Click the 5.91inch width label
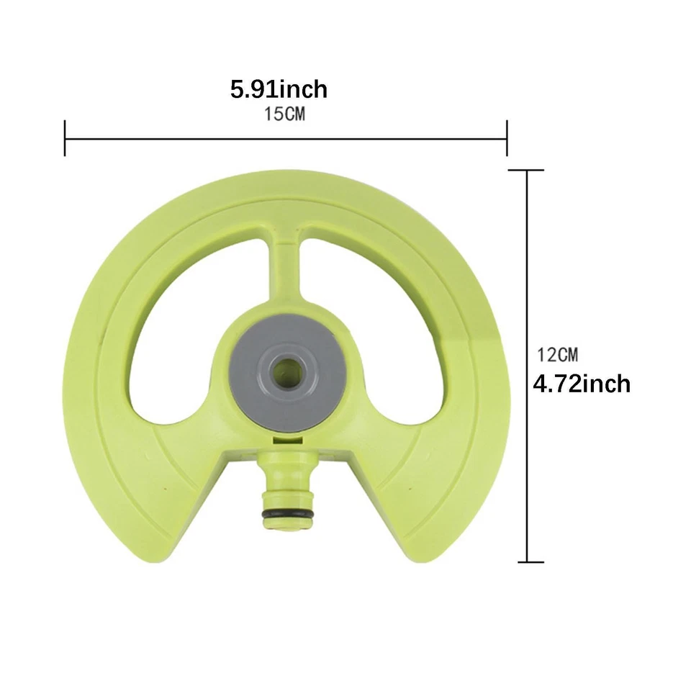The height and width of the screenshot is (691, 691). tap(279, 89)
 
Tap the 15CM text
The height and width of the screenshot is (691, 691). tap(284, 114)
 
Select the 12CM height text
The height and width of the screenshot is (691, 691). tap(557, 355)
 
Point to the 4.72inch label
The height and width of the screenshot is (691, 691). tap(582, 384)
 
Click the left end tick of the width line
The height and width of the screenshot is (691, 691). tap(65, 138)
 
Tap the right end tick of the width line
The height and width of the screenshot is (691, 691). tap(507, 138)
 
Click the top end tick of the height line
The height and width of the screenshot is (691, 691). tap(527, 170)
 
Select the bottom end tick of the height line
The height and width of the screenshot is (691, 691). tap(530, 562)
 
